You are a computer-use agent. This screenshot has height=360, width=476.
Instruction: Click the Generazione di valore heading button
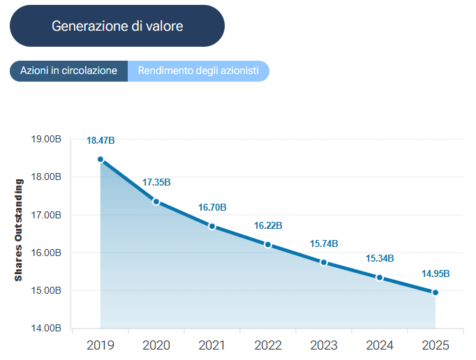click(x=117, y=27)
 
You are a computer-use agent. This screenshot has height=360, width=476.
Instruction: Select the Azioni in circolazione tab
click(x=68, y=71)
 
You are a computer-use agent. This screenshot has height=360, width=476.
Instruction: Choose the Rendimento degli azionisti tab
click(x=198, y=71)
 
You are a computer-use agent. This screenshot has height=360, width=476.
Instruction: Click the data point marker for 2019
click(x=101, y=159)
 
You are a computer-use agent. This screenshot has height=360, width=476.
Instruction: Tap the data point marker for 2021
click(x=212, y=226)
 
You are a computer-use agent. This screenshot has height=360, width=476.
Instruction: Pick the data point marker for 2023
click(x=324, y=262)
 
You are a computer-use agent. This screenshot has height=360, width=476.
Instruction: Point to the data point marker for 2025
click(x=436, y=292)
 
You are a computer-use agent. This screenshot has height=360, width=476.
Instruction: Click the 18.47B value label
click(x=101, y=141)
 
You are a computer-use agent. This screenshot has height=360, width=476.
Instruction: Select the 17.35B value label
click(x=156, y=183)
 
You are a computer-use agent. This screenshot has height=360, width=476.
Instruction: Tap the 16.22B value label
click(x=268, y=226)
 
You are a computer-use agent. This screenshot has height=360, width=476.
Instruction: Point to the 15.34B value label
click(x=380, y=259)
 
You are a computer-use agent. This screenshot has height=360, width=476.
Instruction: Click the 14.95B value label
click(x=436, y=273)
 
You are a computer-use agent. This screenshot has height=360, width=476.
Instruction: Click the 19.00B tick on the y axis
click(x=47, y=139)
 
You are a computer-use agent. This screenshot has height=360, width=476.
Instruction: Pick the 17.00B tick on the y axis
click(x=47, y=215)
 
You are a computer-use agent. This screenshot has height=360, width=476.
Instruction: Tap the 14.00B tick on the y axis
click(x=47, y=328)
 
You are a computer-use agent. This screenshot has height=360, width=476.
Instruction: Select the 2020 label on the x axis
click(x=156, y=345)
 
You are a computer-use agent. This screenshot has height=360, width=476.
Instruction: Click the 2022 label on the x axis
click(x=268, y=345)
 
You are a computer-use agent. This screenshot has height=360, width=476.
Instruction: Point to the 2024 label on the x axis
click(x=380, y=345)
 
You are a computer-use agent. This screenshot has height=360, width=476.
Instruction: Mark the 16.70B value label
click(x=212, y=207)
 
